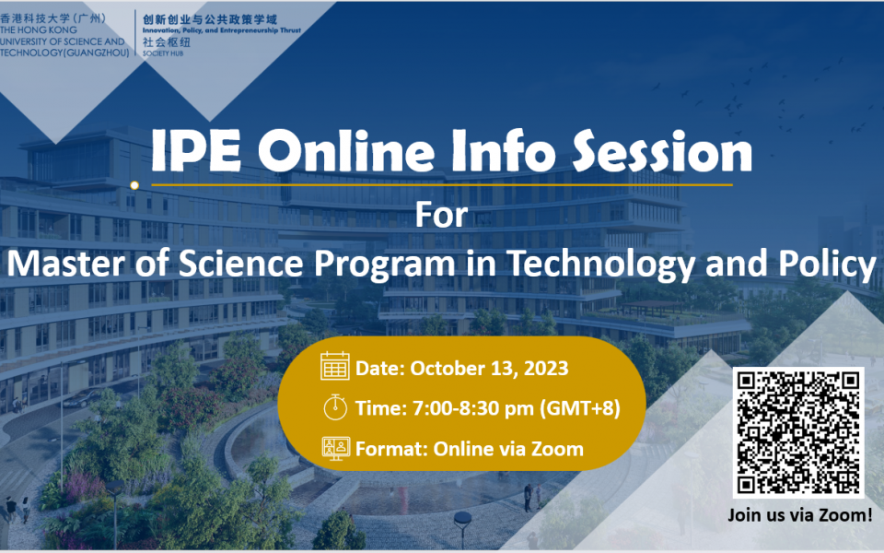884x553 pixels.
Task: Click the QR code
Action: (797, 432)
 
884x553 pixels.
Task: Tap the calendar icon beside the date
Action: (335, 366)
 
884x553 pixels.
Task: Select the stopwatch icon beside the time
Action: (335, 406)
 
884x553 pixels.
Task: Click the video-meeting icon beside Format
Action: (336, 449)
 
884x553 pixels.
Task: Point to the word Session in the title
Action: (662, 151)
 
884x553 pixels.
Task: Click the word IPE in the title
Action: (196, 151)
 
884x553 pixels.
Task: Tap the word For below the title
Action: (441, 215)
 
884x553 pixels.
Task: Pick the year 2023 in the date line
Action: (546, 368)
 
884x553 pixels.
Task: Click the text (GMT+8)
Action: (580, 408)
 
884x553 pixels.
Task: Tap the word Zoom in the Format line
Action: (557, 449)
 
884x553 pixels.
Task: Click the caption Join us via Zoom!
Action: (800, 514)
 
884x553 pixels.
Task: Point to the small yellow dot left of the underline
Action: (134, 185)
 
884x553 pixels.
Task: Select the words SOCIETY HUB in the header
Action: (163, 53)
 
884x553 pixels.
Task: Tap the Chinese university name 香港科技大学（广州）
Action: (53, 18)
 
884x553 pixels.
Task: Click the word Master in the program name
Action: (65, 264)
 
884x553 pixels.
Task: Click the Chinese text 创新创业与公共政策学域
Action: (210, 19)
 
